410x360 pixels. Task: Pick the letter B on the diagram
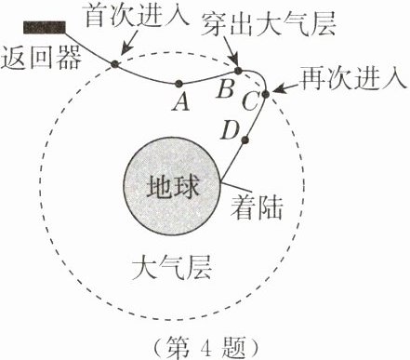[x=224, y=91]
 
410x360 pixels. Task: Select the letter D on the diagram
[x=229, y=131]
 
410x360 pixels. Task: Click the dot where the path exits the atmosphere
[x=238, y=70]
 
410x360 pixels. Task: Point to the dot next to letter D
[x=245, y=141]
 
